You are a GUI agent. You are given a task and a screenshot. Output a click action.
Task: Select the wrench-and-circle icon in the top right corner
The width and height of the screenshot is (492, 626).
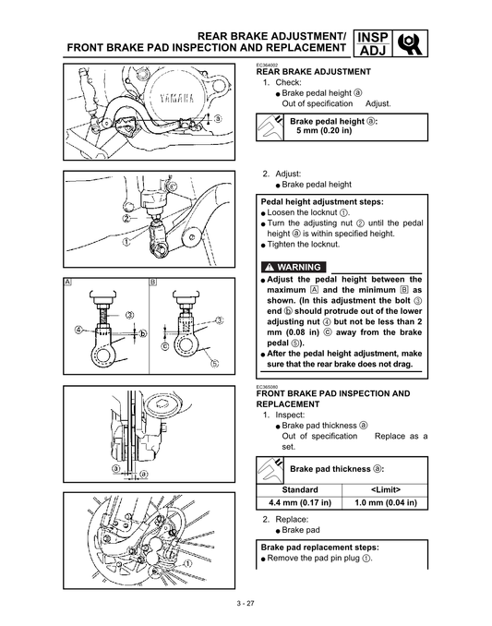coord(412,44)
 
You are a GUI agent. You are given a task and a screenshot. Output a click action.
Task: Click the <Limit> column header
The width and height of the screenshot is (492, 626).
coord(385,489)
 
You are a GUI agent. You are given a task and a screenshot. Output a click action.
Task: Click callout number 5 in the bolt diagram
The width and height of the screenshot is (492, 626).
coord(214,363)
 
